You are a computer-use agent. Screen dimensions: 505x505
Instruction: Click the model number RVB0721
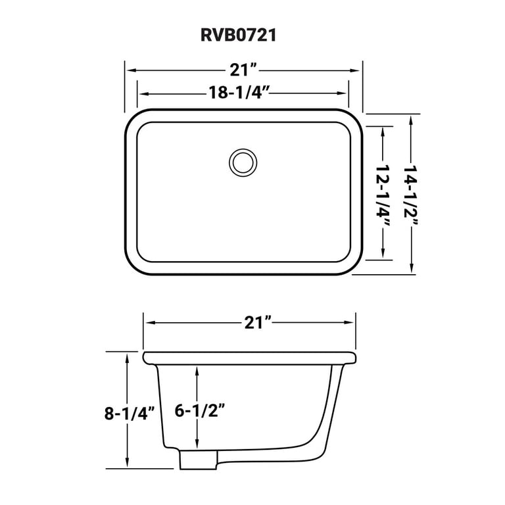238,35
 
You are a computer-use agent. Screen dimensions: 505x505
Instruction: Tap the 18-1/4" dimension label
235,93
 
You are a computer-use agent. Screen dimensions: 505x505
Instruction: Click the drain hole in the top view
243,162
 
